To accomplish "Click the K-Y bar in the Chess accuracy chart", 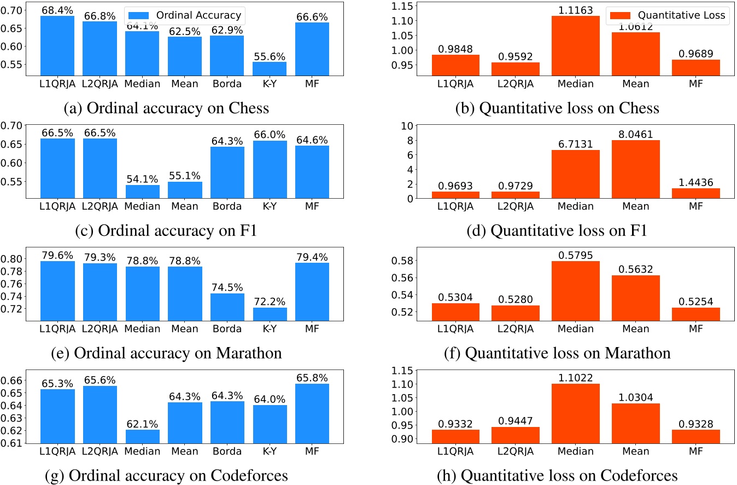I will [x=270, y=68].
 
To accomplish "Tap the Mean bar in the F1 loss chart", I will [x=636, y=169].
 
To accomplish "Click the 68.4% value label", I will [x=57, y=9].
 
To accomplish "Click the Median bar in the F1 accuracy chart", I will [x=142, y=192].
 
